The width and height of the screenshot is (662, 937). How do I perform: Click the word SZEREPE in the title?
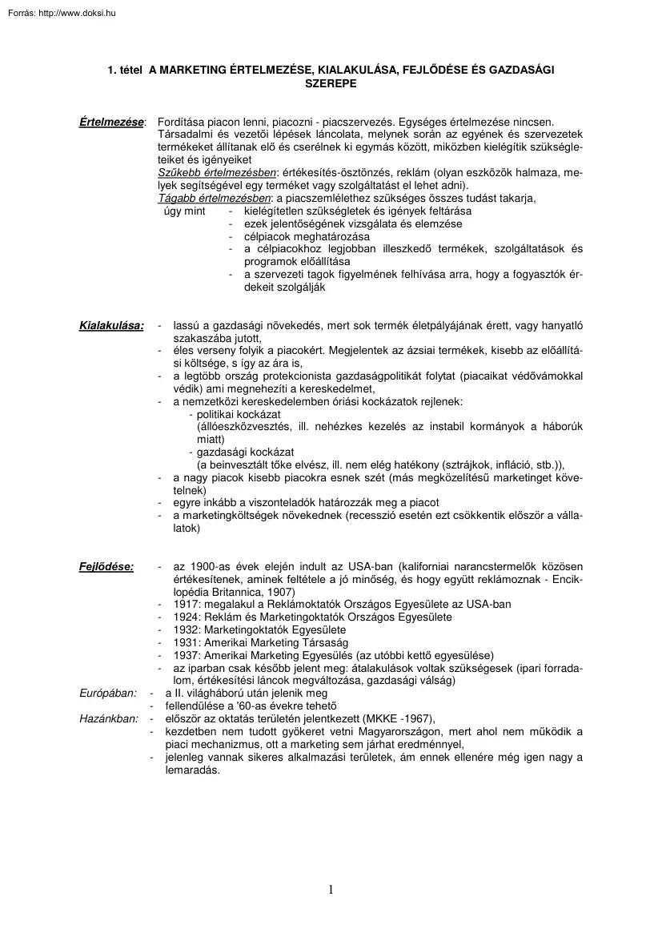tap(330, 82)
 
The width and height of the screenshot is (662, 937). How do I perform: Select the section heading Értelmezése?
tap(111, 122)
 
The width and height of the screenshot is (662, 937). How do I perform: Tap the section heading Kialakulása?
tap(111, 326)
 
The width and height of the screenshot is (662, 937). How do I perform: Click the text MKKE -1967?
tap(397, 718)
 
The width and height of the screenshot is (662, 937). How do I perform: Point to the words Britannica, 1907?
tap(254, 591)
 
